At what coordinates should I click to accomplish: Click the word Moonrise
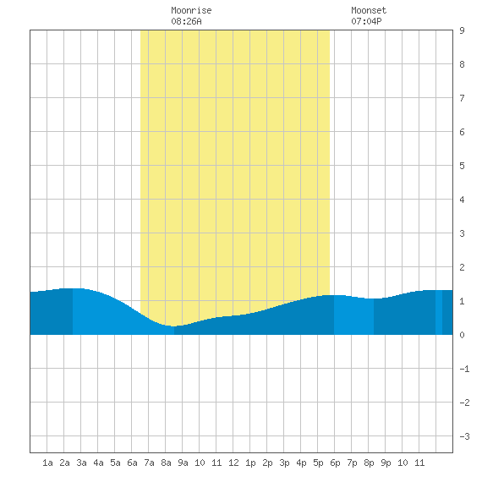tap(191, 10)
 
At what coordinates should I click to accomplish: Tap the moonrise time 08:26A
tap(186, 21)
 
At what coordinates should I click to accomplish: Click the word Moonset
tap(369, 10)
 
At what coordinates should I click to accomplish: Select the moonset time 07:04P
tap(366, 21)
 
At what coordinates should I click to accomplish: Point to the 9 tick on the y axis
tap(462, 30)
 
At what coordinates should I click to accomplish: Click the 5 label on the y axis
tap(462, 166)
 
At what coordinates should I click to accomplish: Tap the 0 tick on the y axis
tap(462, 335)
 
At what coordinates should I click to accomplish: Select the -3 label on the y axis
tap(464, 436)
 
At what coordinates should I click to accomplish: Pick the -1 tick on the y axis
tap(464, 369)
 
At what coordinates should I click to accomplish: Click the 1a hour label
tap(47, 463)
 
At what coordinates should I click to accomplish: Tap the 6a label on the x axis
tap(132, 463)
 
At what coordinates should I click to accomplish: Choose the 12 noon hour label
tap(233, 463)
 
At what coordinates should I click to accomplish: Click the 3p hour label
tap(284, 463)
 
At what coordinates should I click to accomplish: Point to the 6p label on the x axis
tap(335, 463)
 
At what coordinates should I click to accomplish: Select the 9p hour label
tap(386, 463)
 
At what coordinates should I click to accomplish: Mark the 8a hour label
tap(166, 463)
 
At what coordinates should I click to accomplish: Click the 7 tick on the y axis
tap(462, 98)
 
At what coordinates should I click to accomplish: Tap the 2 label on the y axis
tap(462, 267)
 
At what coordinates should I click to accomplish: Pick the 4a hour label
tap(98, 463)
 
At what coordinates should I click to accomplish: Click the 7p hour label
tap(352, 463)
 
